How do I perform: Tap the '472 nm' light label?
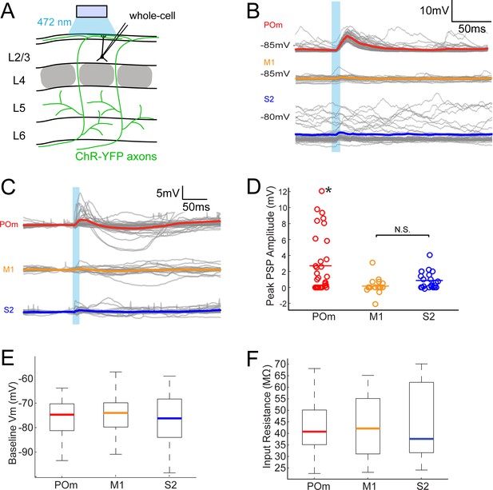point(54,22)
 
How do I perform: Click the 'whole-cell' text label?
point(152,16)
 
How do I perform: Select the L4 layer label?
point(19,81)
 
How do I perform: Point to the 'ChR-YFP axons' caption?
point(116,156)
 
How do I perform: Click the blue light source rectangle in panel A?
point(92,11)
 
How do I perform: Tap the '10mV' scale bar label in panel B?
point(435,10)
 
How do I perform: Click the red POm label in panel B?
point(273,25)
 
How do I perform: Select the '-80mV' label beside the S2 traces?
point(275,118)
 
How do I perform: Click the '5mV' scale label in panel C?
point(168,193)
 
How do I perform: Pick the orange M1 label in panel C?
point(9,269)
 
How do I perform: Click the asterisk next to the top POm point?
point(328,190)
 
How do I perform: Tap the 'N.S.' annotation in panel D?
point(403,230)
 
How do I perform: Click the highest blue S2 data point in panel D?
point(430,255)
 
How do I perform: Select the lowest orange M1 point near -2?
point(376,304)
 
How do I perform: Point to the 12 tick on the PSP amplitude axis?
point(282,192)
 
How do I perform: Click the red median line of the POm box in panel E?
point(62,415)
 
